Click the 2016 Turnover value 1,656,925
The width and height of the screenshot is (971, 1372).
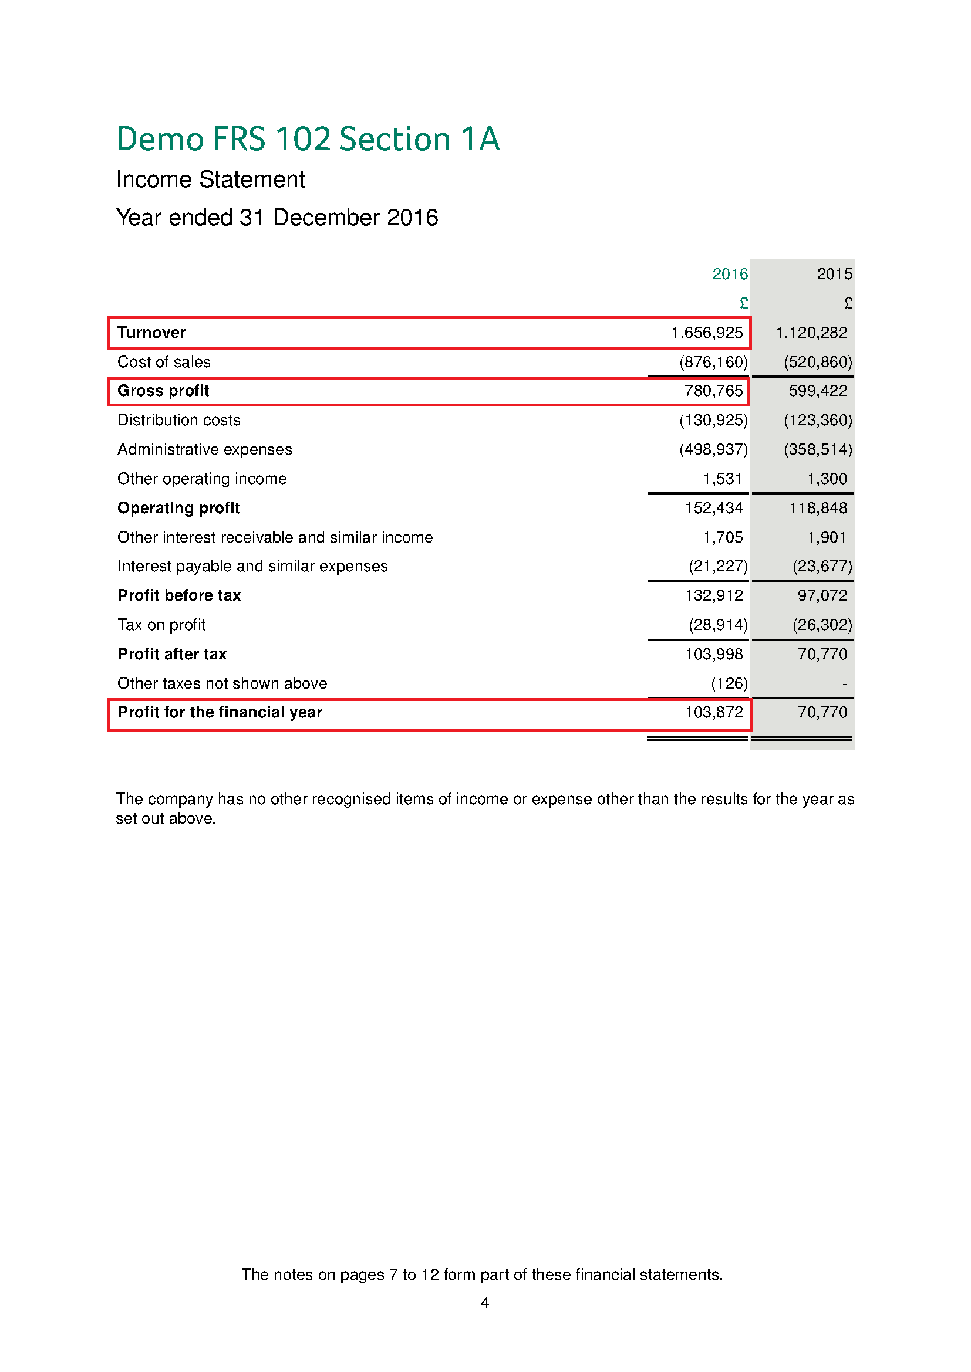point(707,332)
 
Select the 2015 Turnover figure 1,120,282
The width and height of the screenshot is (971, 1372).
point(811,332)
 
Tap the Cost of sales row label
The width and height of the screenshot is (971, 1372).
point(164,361)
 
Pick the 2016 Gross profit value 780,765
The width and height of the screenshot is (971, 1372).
point(713,391)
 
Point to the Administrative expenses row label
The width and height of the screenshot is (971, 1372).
point(204,449)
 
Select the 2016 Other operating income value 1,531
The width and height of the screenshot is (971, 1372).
point(722,479)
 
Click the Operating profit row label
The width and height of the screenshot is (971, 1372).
point(178,508)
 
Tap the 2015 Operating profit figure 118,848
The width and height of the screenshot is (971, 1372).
point(818,508)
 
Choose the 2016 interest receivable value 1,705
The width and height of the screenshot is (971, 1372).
point(722,537)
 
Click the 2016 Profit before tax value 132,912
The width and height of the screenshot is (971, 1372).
point(713,595)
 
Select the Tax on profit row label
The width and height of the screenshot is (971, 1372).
point(161,625)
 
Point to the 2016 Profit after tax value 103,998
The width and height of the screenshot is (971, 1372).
point(713,653)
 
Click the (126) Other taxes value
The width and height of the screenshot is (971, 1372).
point(729,683)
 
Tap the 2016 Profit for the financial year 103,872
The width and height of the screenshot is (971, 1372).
point(713,712)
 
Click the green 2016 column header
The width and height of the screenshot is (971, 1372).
point(730,274)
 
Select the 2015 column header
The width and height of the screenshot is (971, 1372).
point(834,274)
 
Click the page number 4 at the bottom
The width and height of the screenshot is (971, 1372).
point(485,1303)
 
